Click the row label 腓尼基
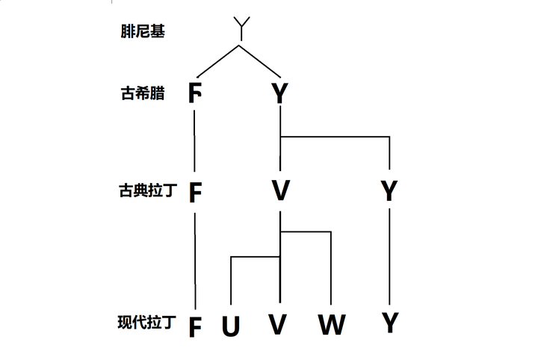[142, 33]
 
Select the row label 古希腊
[142, 94]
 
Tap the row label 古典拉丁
[146, 191]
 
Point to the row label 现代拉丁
[146, 323]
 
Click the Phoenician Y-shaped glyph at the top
[240, 28]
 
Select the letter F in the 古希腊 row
[195, 94]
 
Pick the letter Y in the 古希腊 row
[279, 94]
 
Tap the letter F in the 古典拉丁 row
[195, 192]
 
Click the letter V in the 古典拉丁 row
[280, 191]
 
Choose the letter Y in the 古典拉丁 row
[389, 191]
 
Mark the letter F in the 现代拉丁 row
[195, 326]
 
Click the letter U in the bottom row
[231, 326]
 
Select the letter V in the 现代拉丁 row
[279, 325]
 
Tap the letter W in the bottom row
[331, 325]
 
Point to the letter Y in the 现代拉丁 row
[389, 323]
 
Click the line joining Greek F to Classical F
[195, 146]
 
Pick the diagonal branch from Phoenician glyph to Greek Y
[259, 61]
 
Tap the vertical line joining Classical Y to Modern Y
[389, 258]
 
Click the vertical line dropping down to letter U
[231, 284]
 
